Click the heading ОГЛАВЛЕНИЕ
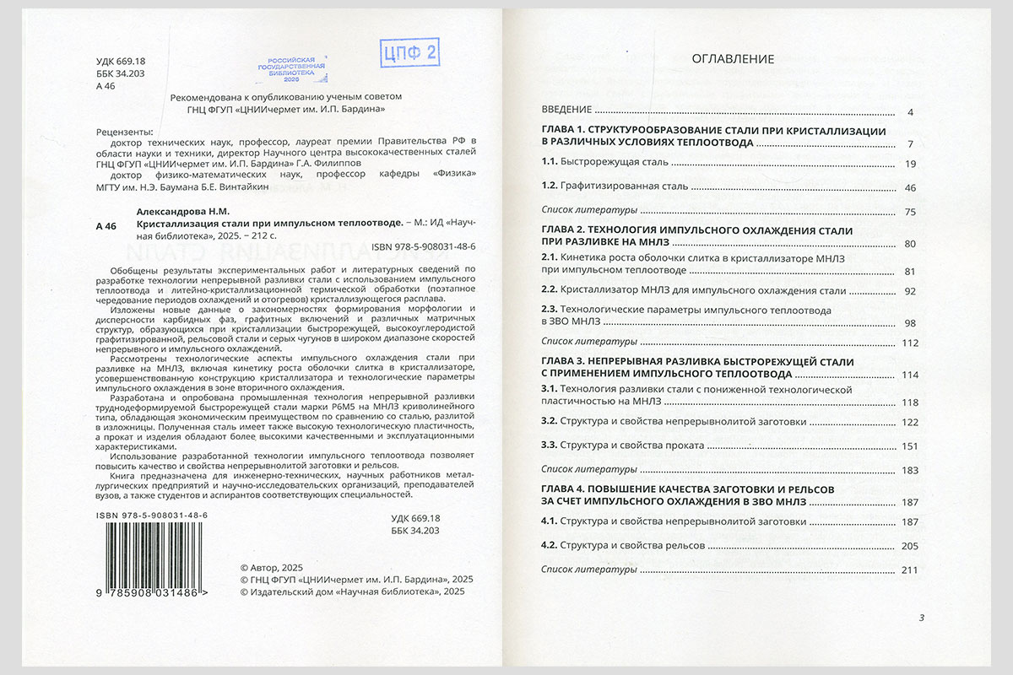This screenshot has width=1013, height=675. pyautogui.click(x=733, y=59)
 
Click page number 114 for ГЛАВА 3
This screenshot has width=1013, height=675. pyautogui.click(x=908, y=375)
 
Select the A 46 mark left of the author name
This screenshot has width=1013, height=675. pyautogui.click(x=107, y=225)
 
